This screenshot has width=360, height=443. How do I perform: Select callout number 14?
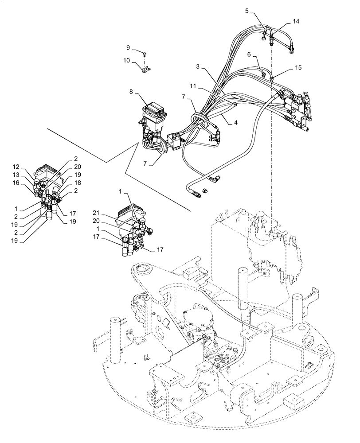coord(296,21)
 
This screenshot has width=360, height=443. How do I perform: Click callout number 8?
coord(131,91)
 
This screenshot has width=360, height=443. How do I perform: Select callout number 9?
coord(128,47)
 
